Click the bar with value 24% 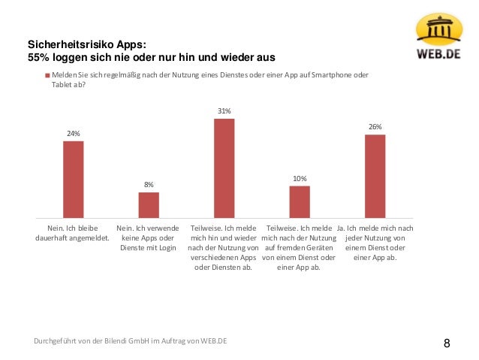pyautogui.click(x=73, y=179)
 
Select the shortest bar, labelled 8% pyautogui.click(x=149, y=204)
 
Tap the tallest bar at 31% pyautogui.click(x=224, y=168)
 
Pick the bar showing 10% pyautogui.click(x=300, y=201)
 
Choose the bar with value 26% pyautogui.click(x=375, y=176)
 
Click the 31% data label pyautogui.click(x=224, y=110)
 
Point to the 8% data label pyautogui.click(x=149, y=184)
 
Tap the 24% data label pyautogui.click(x=73, y=133)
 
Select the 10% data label pyautogui.click(x=300, y=178)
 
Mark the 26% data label pyautogui.click(x=375, y=127)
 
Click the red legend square pyautogui.click(x=47, y=75)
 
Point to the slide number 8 pyautogui.click(x=447, y=343)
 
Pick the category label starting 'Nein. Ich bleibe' pyautogui.click(x=73, y=232)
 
